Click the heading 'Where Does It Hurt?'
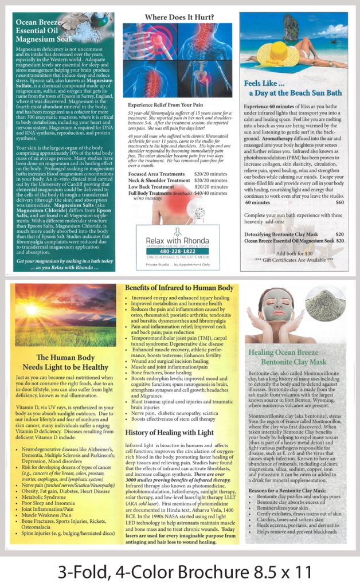click(179, 18)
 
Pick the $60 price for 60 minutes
click(339, 202)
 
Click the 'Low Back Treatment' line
click(151, 187)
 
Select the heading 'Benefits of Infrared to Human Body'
click(179, 287)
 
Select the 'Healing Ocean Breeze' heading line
click(285, 353)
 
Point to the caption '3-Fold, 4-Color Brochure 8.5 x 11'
click(180, 571)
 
